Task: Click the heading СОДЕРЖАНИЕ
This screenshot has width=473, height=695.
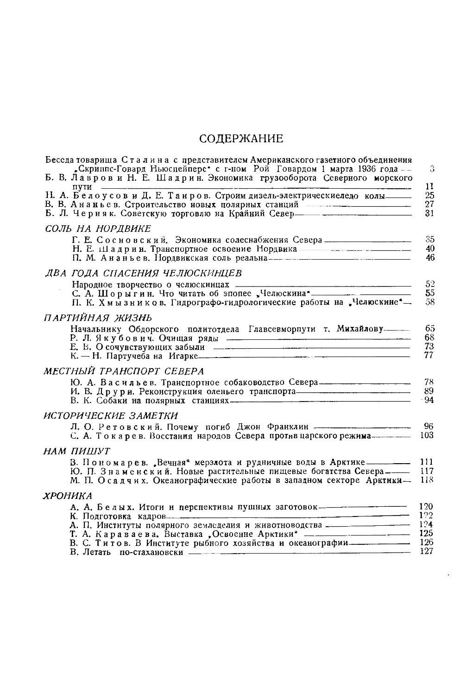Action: [x=241, y=138]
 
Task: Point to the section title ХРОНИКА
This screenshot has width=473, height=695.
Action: [x=68, y=496]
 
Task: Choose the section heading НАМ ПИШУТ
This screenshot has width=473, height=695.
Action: [x=76, y=451]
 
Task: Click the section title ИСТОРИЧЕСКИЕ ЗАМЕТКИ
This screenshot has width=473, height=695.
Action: [x=111, y=415]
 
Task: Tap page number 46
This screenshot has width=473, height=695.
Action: [x=430, y=258]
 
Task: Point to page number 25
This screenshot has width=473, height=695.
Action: [x=429, y=196]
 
